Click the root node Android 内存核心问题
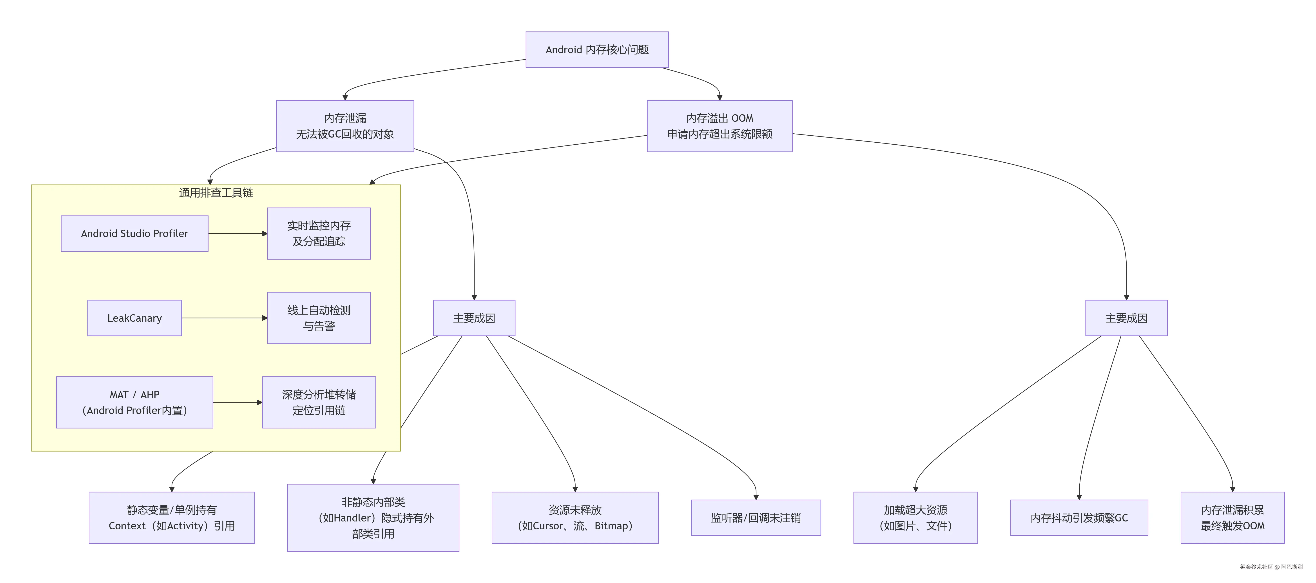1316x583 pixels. pyautogui.click(x=597, y=50)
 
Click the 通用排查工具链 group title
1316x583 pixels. pyautogui.click(x=216, y=193)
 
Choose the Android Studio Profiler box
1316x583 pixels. pyautogui.click(x=134, y=234)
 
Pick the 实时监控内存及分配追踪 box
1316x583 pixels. pyautogui.click(x=319, y=234)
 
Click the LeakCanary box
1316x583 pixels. pyautogui.click(x=134, y=318)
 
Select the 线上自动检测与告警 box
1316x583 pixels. pyautogui.click(x=319, y=318)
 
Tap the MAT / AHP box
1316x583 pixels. pyautogui.click(x=134, y=402)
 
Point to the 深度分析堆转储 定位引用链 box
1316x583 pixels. pyautogui.click(x=319, y=402)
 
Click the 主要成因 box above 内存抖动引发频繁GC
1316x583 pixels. pyautogui.click(x=1126, y=318)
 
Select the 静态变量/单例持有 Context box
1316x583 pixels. pyautogui.click(x=172, y=518)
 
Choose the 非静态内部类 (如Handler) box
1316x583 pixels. pyautogui.click(x=373, y=518)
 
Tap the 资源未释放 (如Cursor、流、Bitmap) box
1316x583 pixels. pyautogui.click(x=575, y=518)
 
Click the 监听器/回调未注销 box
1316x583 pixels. pyautogui.click(x=756, y=518)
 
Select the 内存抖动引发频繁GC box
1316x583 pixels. pyautogui.click(x=1079, y=518)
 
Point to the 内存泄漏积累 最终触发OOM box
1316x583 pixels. pyautogui.click(x=1232, y=518)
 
